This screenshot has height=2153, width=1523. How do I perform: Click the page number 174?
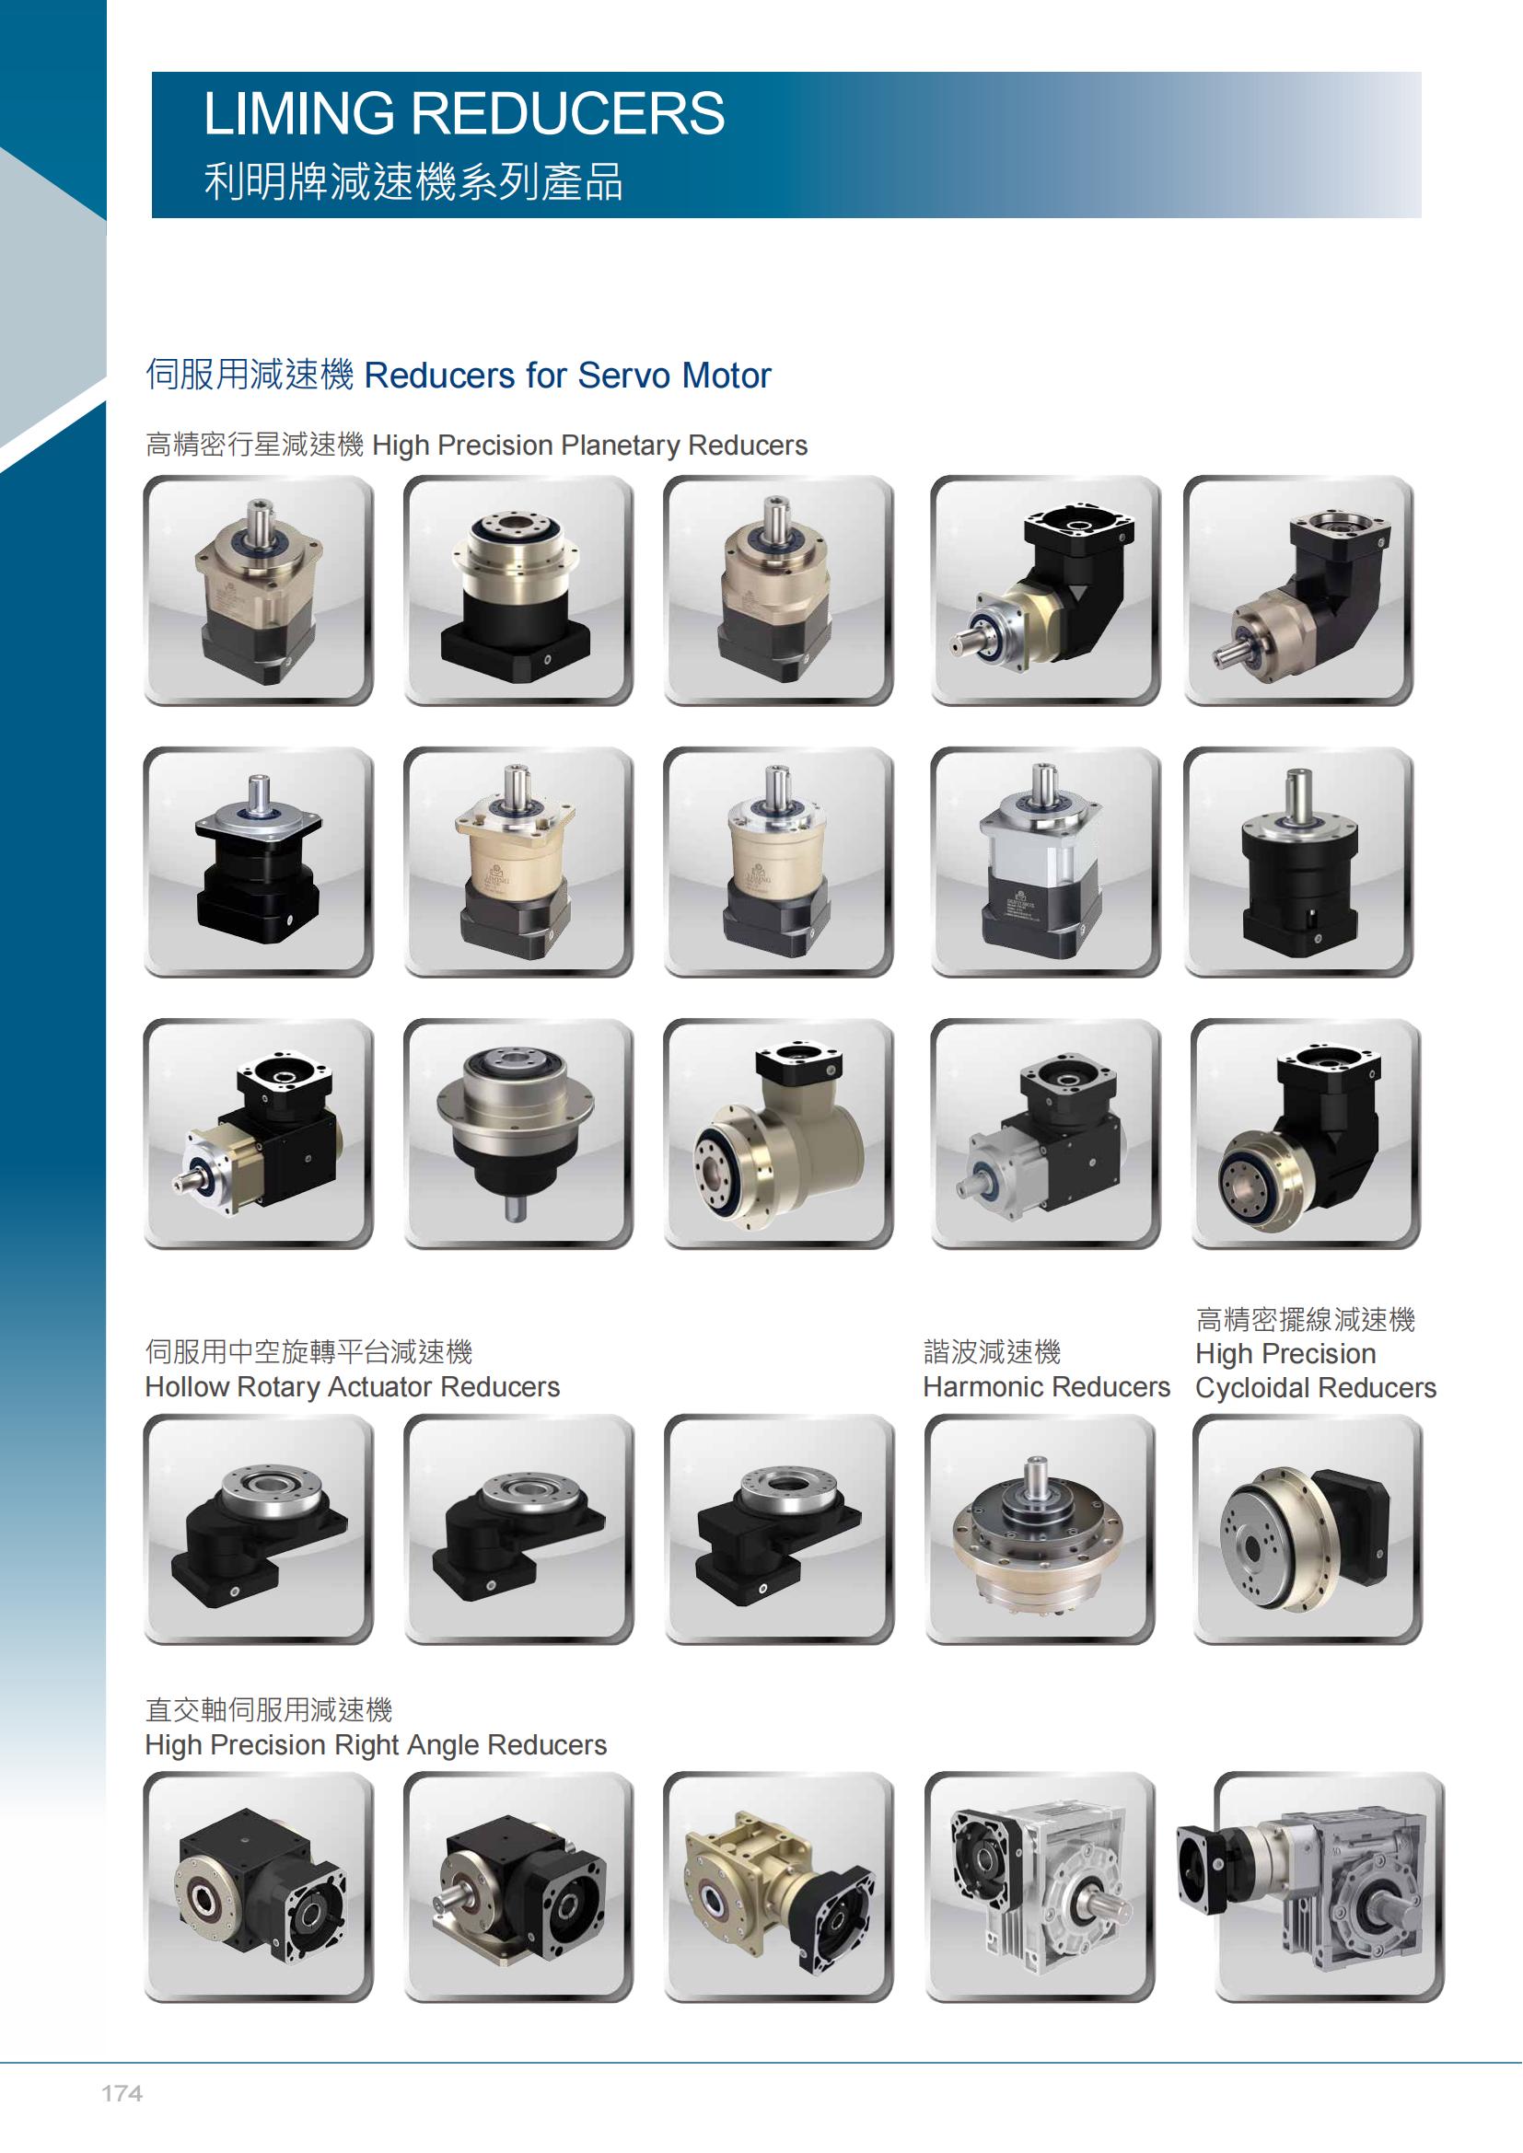pyautogui.click(x=122, y=2093)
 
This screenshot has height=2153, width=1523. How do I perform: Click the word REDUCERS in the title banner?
pyautogui.click(x=568, y=113)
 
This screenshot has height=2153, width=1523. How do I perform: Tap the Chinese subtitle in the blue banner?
pyautogui.click(x=413, y=181)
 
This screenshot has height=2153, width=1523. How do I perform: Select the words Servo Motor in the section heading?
pyautogui.click(x=674, y=375)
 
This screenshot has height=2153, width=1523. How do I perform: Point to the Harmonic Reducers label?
pyautogui.click(x=1047, y=1386)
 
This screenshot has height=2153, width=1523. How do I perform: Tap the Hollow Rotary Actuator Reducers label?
pyautogui.click(x=352, y=1386)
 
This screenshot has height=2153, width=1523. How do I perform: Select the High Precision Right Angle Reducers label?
pyautogui.click(x=376, y=1744)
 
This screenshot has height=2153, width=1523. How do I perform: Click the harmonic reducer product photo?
pyautogui.click(x=1040, y=1531)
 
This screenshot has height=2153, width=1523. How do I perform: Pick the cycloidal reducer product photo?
pyautogui.click(x=1308, y=1531)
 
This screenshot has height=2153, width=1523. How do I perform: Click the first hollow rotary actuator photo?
pyautogui.click(x=258, y=1531)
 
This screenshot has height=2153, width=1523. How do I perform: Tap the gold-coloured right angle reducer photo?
pyautogui.click(x=778, y=1887)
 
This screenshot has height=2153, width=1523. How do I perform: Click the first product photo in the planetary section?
pyautogui.click(x=258, y=591)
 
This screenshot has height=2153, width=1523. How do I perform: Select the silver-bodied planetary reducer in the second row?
pyautogui.click(x=1046, y=862)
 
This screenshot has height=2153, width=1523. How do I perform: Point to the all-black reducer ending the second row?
pyautogui.click(x=1299, y=862)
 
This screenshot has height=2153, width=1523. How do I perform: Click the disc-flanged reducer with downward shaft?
pyautogui.click(x=518, y=1134)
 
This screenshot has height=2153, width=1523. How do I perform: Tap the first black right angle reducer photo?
pyautogui.click(x=258, y=1887)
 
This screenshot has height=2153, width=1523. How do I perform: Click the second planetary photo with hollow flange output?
pyautogui.click(x=518, y=591)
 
